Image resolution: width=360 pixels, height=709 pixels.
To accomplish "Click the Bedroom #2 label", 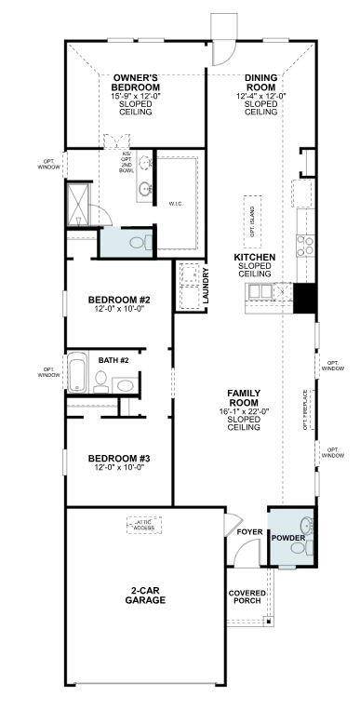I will point(119,300).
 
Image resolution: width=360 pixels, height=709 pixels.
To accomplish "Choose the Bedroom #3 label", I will point(119,459).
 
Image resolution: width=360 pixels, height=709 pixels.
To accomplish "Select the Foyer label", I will point(249,532).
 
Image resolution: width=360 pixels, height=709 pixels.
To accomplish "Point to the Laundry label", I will point(206,285).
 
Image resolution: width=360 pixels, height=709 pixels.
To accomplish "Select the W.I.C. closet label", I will point(176,202).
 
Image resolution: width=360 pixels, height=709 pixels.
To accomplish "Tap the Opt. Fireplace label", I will point(304,409).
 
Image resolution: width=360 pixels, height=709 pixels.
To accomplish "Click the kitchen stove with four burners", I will point(306,246).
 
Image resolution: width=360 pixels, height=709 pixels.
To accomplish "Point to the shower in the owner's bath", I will point(77,202).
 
